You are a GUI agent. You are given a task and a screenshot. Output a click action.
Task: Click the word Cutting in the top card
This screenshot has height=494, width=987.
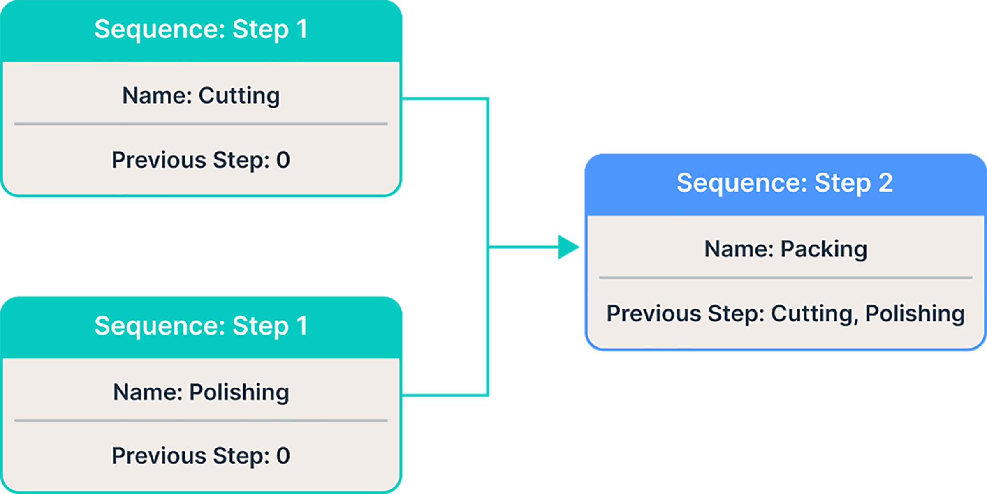click(x=239, y=96)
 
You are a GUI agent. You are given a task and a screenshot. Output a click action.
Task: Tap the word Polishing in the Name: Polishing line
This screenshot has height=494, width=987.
click(x=239, y=392)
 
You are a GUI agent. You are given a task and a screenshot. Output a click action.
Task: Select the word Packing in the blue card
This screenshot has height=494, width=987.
click(x=824, y=249)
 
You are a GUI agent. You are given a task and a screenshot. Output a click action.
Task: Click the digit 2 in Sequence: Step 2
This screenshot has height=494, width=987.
click(x=886, y=183)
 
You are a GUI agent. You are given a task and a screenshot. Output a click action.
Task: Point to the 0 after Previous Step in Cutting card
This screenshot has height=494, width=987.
click(x=283, y=160)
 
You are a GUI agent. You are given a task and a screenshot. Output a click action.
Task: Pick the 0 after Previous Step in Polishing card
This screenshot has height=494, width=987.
click(x=283, y=456)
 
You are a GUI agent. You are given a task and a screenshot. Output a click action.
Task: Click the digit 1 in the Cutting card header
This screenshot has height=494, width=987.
click(x=302, y=29)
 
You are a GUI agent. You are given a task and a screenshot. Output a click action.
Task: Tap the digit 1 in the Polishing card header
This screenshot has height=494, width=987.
click(x=302, y=325)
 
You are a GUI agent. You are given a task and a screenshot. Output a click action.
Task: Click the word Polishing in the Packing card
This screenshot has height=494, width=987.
click(x=915, y=314)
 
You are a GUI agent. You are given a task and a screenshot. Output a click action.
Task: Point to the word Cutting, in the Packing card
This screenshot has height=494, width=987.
click(x=814, y=314)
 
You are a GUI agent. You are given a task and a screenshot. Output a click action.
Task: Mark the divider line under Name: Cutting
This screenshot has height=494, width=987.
click(x=201, y=124)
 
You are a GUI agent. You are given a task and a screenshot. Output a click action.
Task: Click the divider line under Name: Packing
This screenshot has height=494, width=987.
click(x=785, y=278)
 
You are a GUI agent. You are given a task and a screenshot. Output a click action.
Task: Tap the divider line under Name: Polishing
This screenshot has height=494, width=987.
click(x=201, y=420)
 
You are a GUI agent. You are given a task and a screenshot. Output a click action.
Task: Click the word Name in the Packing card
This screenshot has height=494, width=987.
click(x=739, y=249)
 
